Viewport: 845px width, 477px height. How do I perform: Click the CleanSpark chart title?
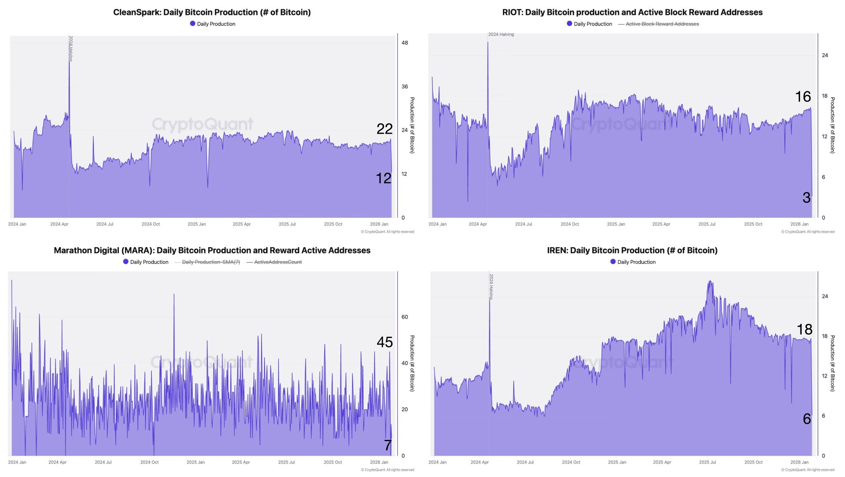(x=212, y=12)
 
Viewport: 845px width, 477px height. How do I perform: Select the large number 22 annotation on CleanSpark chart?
(x=385, y=129)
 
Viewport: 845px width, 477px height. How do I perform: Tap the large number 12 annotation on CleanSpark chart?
(x=384, y=178)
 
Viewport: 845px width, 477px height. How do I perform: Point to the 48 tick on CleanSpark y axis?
(x=404, y=43)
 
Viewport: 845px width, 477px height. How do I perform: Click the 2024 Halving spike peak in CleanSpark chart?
(x=69, y=62)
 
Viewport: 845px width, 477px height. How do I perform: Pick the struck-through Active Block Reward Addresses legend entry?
(x=662, y=24)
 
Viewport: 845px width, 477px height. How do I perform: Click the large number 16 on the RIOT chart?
(x=803, y=97)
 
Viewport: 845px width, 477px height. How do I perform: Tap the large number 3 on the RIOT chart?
(x=807, y=198)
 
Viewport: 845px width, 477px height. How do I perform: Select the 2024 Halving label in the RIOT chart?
(x=501, y=34)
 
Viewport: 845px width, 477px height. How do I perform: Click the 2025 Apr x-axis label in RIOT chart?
(x=661, y=224)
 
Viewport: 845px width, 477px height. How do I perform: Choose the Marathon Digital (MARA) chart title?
(x=212, y=250)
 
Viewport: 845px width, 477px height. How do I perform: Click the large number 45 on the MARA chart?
(x=385, y=342)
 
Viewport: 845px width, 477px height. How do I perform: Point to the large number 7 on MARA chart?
(x=387, y=445)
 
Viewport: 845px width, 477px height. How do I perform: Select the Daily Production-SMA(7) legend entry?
(x=210, y=262)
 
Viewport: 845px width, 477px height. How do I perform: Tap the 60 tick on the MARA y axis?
(x=404, y=317)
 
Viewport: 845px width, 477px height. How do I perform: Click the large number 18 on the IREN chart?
(x=804, y=329)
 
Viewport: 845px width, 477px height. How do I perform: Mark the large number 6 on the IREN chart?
(x=807, y=419)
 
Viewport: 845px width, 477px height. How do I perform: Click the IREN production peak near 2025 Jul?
(x=710, y=281)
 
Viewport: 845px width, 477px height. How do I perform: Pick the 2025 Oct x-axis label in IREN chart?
(x=753, y=462)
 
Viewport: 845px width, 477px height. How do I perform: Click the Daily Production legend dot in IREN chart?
(x=613, y=262)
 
